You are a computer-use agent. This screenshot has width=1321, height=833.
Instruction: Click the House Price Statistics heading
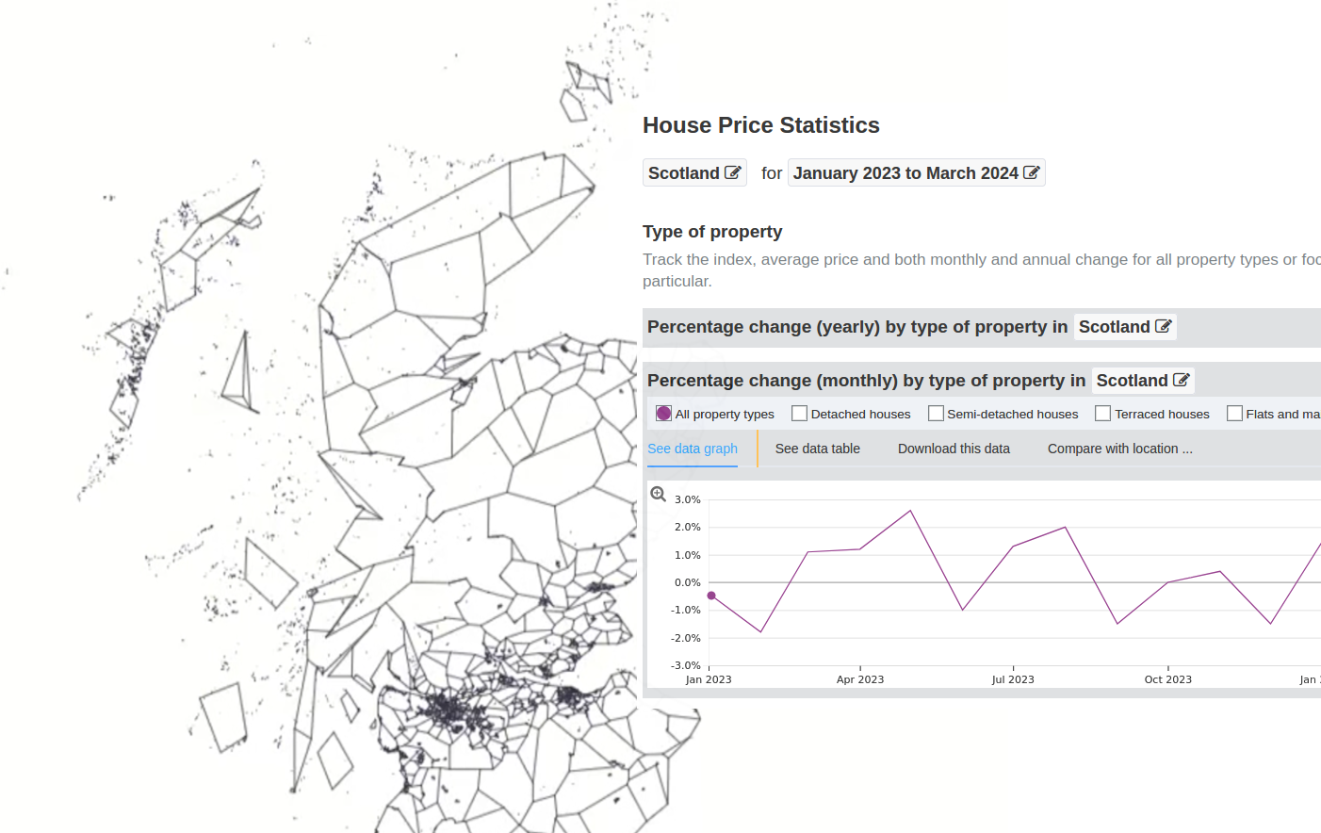point(760,125)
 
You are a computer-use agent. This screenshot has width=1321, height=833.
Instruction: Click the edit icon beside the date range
point(1031,172)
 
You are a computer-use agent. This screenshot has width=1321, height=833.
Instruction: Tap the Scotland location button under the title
point(694,172)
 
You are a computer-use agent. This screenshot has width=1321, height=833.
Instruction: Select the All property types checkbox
point(663,414)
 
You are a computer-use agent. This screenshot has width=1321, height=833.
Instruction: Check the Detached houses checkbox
point(799,414)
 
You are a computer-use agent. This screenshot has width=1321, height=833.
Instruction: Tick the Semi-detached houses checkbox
point(936,414)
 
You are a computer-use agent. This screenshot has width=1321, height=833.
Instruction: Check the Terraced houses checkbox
point(1102,414)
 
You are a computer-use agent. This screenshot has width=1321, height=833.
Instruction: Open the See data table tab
point(817,449)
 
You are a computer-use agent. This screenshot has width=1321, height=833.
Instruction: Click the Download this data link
point(954,449)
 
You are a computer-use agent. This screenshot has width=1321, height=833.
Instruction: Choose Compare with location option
point(1120,449)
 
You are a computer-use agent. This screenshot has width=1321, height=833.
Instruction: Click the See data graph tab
point(693,449)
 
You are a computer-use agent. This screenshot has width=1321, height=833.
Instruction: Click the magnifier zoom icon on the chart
point(658,494)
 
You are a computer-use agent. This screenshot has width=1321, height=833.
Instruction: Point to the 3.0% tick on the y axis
point(688,499)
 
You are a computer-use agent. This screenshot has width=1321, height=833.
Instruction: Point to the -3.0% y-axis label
point(686,665)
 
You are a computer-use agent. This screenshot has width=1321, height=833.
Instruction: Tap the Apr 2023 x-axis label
point(860,679)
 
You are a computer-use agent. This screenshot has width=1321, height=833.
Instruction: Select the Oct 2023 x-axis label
point(1167,679)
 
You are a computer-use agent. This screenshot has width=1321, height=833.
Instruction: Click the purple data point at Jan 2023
point(711,596)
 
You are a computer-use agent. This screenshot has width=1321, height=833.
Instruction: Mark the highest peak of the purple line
point(910,511)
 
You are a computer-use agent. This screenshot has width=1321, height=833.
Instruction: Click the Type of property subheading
point(712,232)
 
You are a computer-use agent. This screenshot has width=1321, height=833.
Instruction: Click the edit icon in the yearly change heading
point(1163,326)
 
